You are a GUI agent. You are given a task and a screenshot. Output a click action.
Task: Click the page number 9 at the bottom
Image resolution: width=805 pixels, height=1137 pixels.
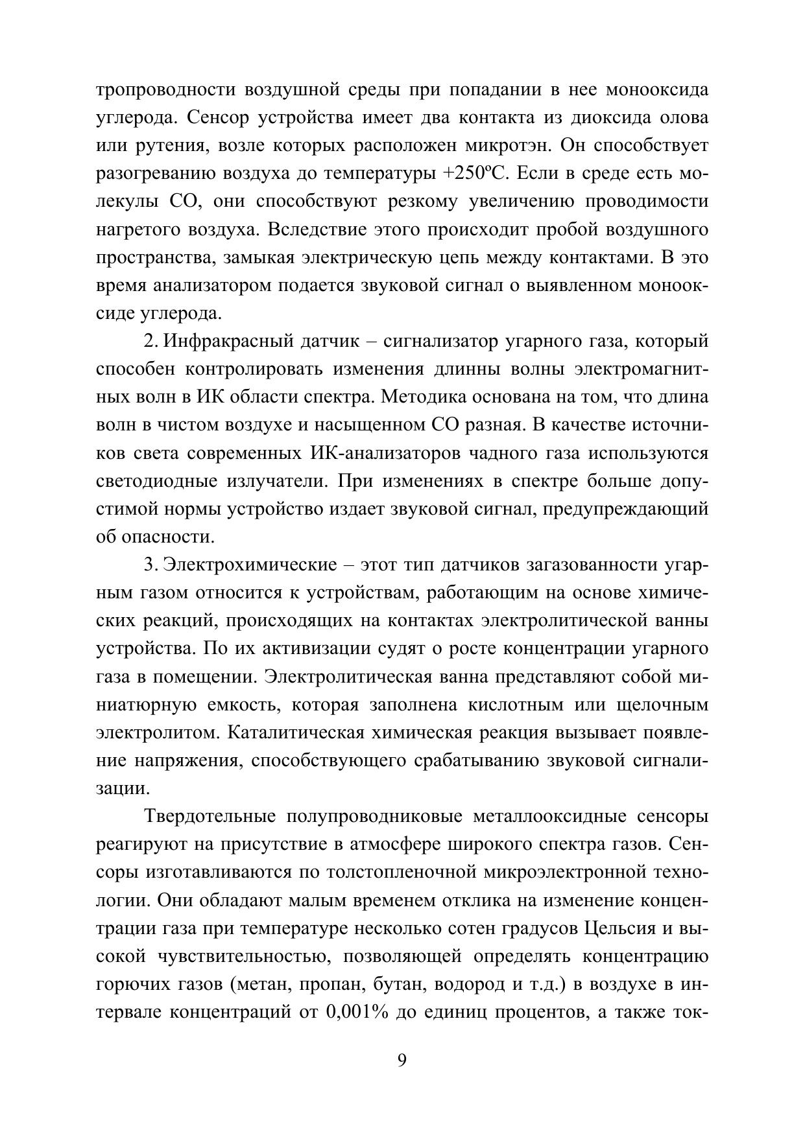[402, 1061]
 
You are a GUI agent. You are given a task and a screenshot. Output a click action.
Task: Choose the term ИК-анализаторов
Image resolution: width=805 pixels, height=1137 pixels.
[376, 453]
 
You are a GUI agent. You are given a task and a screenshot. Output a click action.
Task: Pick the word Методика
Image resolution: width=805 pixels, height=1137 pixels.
[431, 397]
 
